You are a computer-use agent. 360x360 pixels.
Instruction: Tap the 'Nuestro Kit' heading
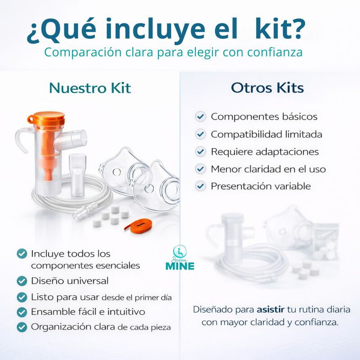coord(90,88)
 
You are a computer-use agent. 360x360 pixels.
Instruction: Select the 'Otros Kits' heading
coord(267,88)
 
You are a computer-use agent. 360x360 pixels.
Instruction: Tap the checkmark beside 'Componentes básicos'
coord(200,117)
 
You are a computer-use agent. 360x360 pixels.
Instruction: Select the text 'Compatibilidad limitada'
coord(266,134)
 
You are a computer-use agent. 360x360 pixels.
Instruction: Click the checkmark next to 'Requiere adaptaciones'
coord(200,152)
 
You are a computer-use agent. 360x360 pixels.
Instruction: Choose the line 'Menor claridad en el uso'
coord(268,169)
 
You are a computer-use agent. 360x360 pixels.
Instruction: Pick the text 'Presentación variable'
coord(261,186)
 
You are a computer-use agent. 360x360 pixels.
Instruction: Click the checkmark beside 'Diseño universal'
coord(22,281)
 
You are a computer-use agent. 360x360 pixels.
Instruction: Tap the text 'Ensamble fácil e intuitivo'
coord(88,311)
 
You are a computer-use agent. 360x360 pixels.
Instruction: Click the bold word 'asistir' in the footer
coord(271,310)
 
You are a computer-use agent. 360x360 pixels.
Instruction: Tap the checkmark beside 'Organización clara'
coord(22,327)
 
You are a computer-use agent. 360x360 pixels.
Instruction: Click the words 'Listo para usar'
coord(65,297)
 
